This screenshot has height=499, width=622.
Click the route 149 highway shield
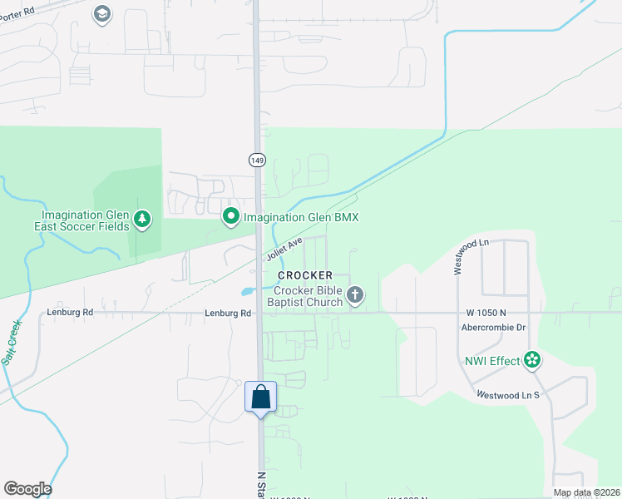256,158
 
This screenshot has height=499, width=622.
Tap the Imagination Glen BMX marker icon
231,217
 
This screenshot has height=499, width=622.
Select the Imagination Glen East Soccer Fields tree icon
144,219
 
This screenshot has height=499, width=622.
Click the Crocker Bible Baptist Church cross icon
356,294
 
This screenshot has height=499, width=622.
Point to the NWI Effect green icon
532,360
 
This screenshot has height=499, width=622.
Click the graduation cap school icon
102,14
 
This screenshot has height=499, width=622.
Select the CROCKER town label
305,275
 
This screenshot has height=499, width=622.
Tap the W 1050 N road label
486,313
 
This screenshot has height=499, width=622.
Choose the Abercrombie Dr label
494,327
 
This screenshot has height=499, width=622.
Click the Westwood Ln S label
508,394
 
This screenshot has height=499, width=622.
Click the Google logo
27,489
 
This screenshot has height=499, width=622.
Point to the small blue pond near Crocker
247,292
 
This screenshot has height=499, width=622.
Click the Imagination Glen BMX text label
300,218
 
